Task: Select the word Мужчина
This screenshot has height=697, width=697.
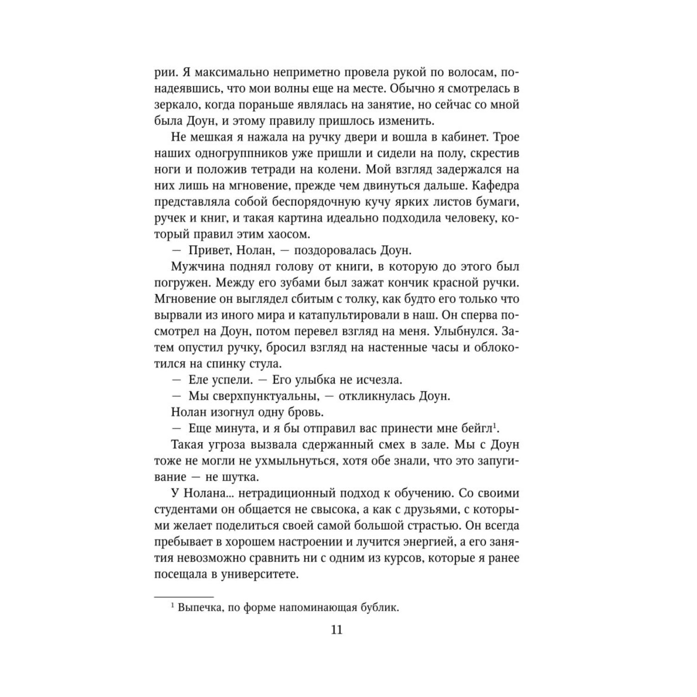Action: pyautogui.click(x=195, y=267)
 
